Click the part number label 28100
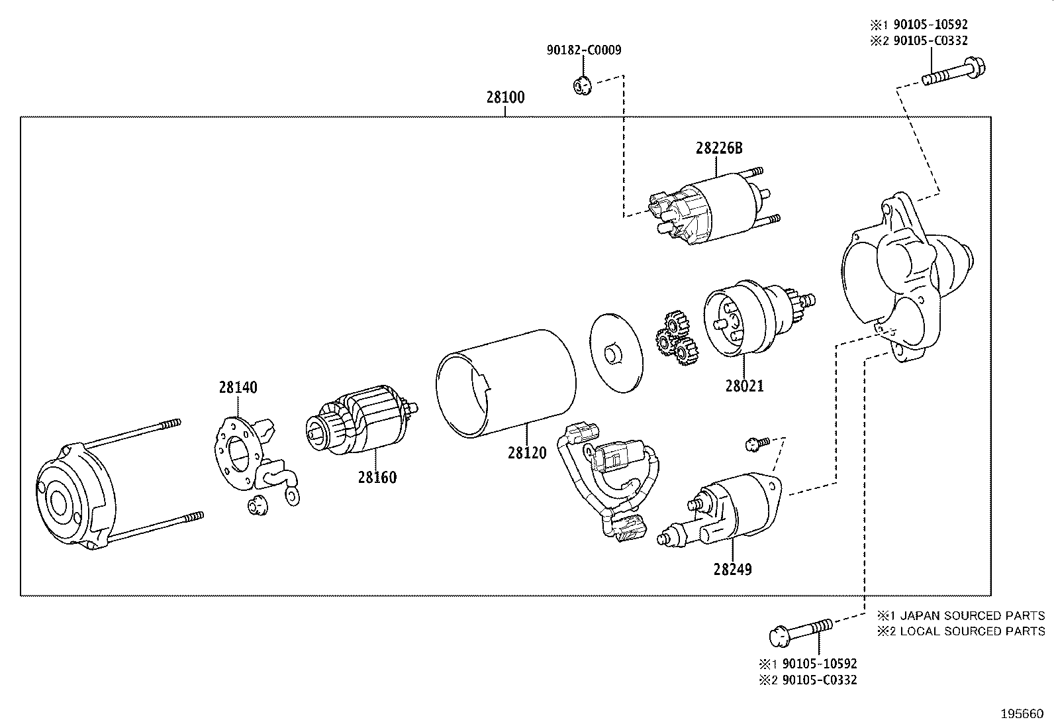(505, 97)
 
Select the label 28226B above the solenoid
(718, 148)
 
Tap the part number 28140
(238, 388)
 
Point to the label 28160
(377, 477)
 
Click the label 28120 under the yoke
(527, 453)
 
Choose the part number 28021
(744, 386)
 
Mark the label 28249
(732, 569)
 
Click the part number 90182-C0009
(584, 50)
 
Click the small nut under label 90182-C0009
(581, 85)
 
